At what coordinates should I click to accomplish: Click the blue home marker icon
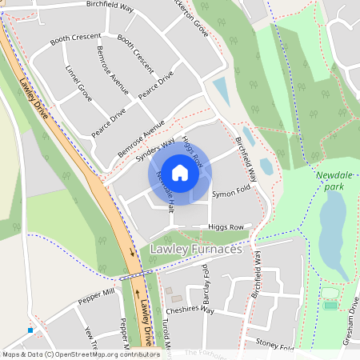click(180, 173)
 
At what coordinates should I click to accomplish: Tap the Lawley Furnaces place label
click(195, 250)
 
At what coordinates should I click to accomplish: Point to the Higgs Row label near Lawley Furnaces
click(225, 227)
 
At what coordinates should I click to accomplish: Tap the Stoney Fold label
click(275, 343)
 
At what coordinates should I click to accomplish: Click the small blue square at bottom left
click(30, 330)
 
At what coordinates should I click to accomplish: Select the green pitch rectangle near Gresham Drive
click(330, 305)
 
